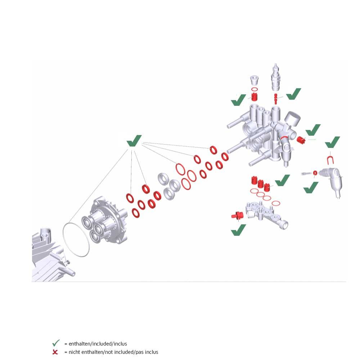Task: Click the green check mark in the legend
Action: click(x=56, y=343)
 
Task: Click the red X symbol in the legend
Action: click(x=55, y=352)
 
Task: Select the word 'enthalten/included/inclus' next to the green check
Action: click(x=98, y=344)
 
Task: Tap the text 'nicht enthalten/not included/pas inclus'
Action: click(x=113, y=352)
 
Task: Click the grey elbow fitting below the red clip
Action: click(x=332, y=181)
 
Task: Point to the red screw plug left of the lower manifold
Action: click(x=238, y=216)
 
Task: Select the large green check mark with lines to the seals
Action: click(x=134, y=141)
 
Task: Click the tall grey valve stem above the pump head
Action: click(x=276, y=77)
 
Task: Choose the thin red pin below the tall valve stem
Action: click(x=276, y=99)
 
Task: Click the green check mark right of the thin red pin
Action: click(x=293, y=94)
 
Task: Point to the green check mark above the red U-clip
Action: click(x=332, y=142)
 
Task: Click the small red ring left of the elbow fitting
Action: click(x=315, y=173)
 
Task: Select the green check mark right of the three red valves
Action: click(x=282, y=180)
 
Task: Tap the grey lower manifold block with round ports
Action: click(x=266, y=214)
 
